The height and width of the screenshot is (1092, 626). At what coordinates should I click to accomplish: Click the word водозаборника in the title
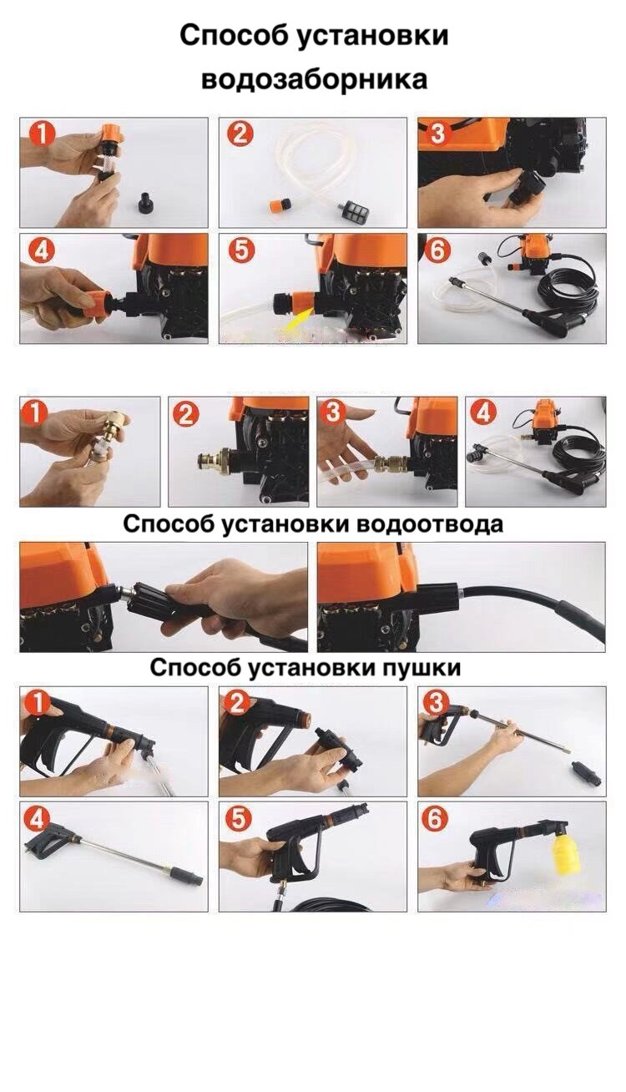point(315,79)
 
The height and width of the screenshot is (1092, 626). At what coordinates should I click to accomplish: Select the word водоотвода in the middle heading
point(430,524)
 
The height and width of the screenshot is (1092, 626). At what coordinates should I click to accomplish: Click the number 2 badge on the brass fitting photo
point(185,416)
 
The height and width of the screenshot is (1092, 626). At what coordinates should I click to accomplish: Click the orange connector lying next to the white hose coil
point(280,205)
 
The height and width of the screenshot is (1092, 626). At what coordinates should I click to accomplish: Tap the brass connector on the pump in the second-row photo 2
point(216,461)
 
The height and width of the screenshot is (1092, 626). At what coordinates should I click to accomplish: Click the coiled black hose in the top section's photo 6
point(568,289)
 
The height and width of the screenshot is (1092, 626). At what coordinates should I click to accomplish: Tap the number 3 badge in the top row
point(437,133)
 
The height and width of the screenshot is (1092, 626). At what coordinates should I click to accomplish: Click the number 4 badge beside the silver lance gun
point(38,821)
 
